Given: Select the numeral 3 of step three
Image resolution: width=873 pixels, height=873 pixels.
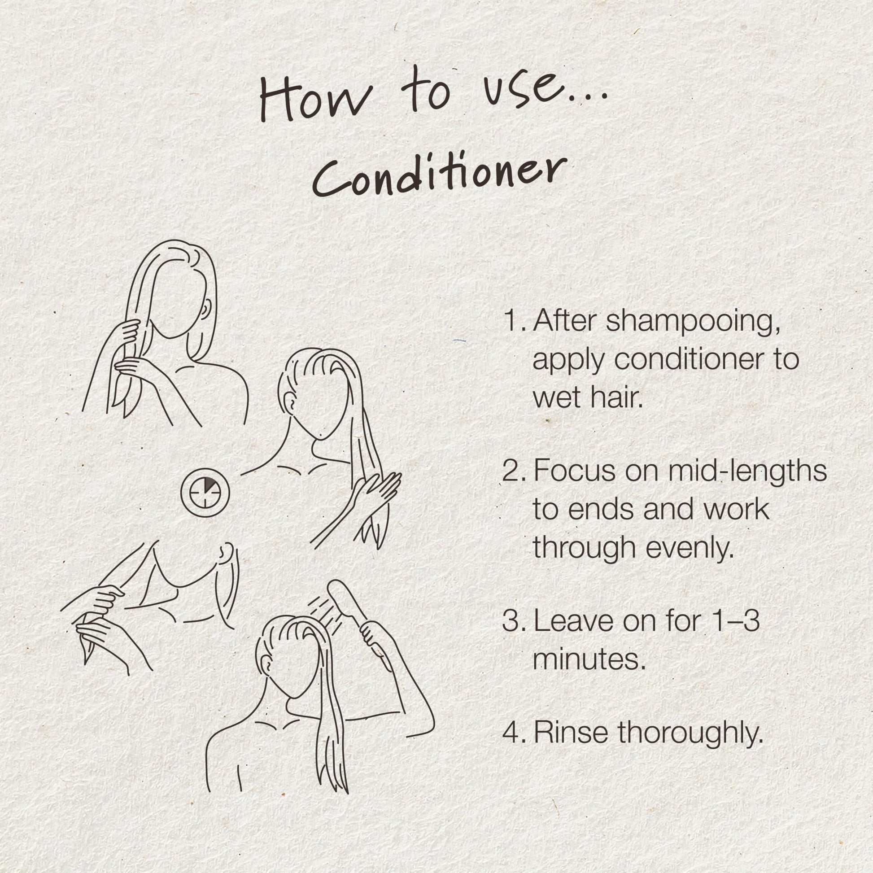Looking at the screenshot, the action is point(511,620).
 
